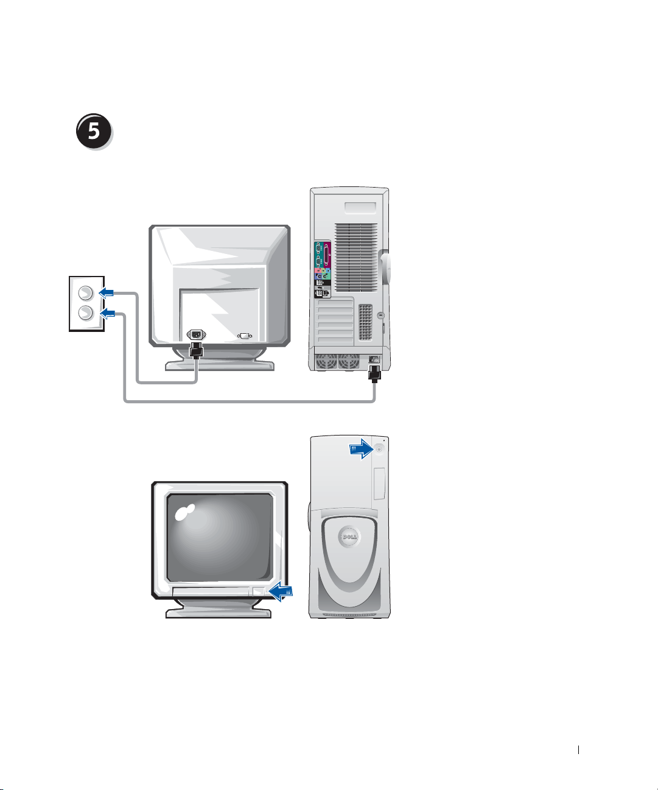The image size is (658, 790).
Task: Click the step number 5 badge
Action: [94, 131]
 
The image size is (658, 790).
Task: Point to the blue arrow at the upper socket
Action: [106, 293]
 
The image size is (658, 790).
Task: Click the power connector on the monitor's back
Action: [196, 334]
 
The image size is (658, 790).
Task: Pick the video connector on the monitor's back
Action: [245, 336]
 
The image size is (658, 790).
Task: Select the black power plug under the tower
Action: [374, 371]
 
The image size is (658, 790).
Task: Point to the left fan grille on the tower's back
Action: [326, 361]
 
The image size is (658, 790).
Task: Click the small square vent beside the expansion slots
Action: [365, 322]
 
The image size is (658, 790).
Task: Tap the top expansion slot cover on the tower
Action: [334, 303]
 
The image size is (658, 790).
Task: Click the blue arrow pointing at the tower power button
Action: [362, 449]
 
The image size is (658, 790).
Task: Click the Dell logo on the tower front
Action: [348, 537]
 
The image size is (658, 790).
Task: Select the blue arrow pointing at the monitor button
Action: [281, 590]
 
